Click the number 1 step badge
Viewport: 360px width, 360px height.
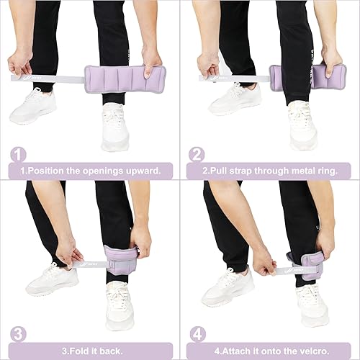point(19,155)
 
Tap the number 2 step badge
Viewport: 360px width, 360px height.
point(197,155)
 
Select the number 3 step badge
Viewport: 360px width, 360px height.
point(19,334)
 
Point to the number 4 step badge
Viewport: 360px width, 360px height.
point(197,334)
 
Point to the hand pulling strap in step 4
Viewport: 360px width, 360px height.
point(264,263)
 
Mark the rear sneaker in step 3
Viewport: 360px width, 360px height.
point(53,279)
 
